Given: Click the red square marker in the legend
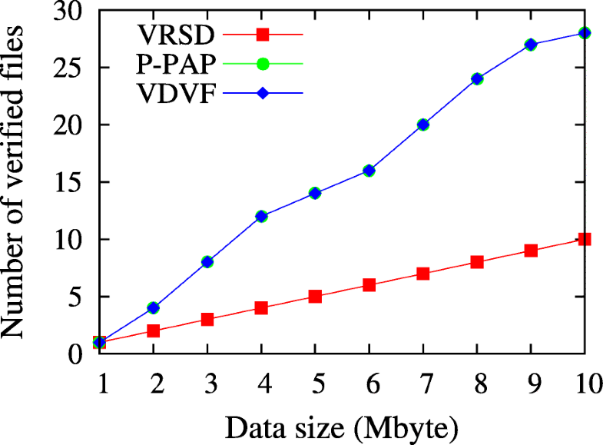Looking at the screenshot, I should pyautogui.click(x=262, y=34).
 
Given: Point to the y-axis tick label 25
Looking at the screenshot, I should pyautogui.click(x=70, y=68).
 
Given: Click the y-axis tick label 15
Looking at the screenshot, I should pyautogui.click(x=70, y=182).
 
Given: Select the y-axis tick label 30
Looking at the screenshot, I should pyautogui.click(x=70, y=11).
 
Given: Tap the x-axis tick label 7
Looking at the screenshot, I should pyautogui.click(x=422, y=381).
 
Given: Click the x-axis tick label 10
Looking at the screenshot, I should pyautogui.click(x=584, y=381).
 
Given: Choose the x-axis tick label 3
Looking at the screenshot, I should pyautogui.click(x=207, y=381).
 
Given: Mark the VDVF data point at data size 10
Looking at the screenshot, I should pyautogui.click(x=585, y=33).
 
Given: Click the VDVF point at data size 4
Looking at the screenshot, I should pyautogui.click(x=261, y=216).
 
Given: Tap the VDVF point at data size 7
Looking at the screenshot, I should pyautogui.click(x=422, y=125).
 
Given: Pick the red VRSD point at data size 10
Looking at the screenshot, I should pyautogui.click(x=585, y=239).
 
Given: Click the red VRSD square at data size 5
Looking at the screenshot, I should pyautogui.click(x=315, y=297).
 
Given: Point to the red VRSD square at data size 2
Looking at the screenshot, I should pyautogui.click(x=153, y=330).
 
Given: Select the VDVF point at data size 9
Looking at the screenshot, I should pyautogui.click(x=531, y=45).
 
